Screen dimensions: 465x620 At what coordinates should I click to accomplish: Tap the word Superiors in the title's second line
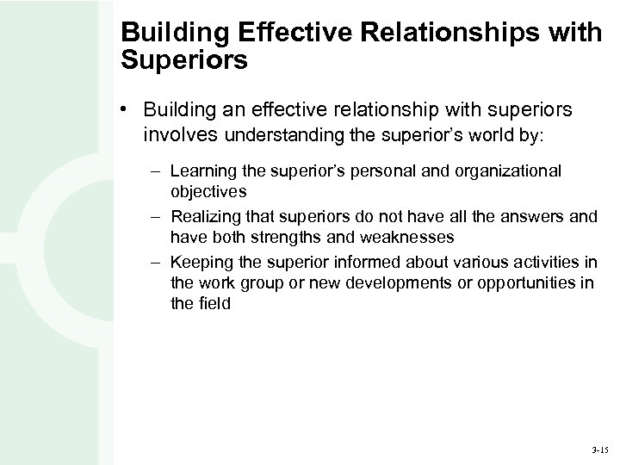point(184,61)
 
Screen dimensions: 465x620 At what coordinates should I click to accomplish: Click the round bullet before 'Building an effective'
point(126,110)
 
